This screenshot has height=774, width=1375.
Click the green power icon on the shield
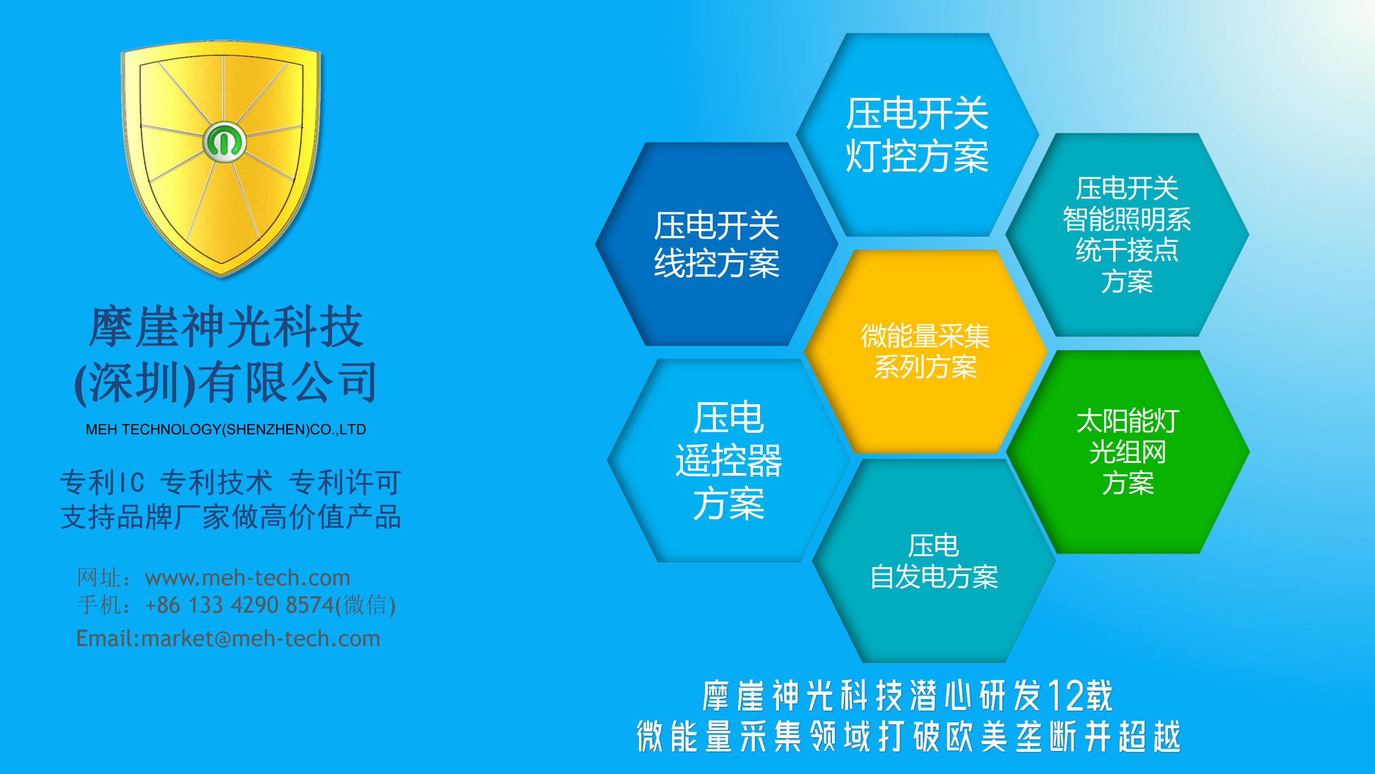point(225,142)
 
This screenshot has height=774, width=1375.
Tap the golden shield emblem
point(221,159)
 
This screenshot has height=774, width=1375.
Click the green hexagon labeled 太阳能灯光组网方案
point(1127,451)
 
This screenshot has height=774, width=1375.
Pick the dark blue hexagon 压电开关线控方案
point(717,244)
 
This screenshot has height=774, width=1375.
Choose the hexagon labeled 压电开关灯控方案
point(917,134)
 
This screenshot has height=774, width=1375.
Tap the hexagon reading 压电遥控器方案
point(728,461)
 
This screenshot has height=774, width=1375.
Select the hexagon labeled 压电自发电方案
point(934,561)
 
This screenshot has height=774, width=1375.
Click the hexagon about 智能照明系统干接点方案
point(1127,235)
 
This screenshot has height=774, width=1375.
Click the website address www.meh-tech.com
point(248,578)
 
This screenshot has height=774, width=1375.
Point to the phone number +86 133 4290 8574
point(240,605)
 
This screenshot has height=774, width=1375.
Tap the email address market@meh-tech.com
point(260,639)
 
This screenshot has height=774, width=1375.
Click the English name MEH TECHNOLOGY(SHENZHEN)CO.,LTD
point(226,429)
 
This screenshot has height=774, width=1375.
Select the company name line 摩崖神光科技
point(226,327)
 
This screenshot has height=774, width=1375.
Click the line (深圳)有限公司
point(226,383)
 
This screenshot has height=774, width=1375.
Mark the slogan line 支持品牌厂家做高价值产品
point(230,517)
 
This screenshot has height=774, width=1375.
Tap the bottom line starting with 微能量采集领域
point(908,736)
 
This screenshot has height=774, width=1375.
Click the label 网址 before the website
point(99,578)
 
